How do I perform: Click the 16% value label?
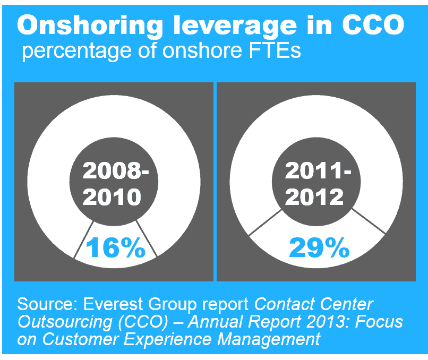coord(115,248)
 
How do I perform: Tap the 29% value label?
coord(319,247)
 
